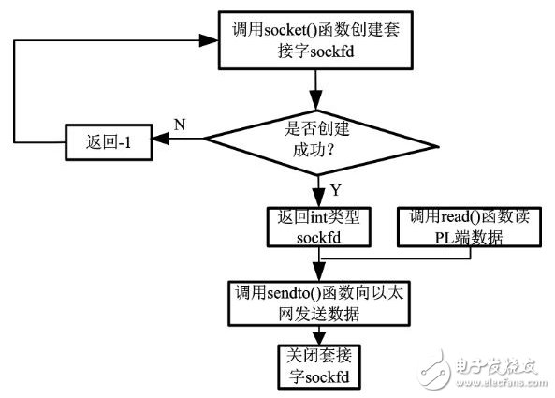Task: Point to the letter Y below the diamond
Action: tap(334, 190)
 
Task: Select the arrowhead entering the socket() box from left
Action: tap(212, 40)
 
